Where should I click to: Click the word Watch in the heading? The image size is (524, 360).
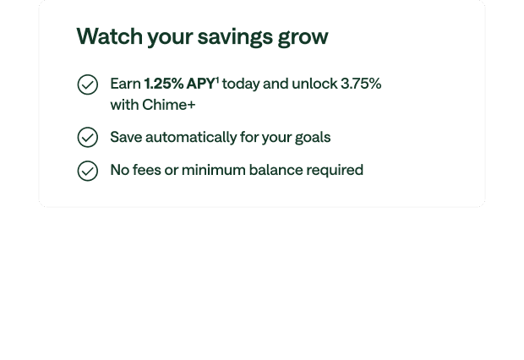[x=110, y=35]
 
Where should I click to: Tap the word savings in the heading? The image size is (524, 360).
[x=235, y=37]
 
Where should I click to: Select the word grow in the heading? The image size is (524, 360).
[x=303, y=38]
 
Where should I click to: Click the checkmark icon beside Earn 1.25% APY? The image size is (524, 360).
[x=88, y=85]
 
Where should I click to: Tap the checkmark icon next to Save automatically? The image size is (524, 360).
[x=88, y=137]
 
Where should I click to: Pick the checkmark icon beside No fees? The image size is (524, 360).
[x=88, y=171]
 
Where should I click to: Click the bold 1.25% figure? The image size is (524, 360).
[x=164, y=84]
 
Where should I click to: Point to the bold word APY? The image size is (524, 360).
[x=200, y=84]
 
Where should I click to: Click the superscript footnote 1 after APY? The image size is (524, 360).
[x=217, y=80]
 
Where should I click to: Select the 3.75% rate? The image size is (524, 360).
[x=361, y=84]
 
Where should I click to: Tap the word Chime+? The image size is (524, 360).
[x=169, y=105]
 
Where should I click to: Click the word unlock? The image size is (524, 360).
[x=314, y=84]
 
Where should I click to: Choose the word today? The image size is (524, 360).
[x=241, y=85]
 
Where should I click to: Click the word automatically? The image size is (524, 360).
[x=191, y=138]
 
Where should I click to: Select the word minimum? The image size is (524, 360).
[x=214, y=170]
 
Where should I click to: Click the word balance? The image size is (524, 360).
[x=276, y=170]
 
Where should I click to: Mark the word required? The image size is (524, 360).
[x=335, y=171]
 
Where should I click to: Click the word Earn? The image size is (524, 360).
[x=126, y=84]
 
